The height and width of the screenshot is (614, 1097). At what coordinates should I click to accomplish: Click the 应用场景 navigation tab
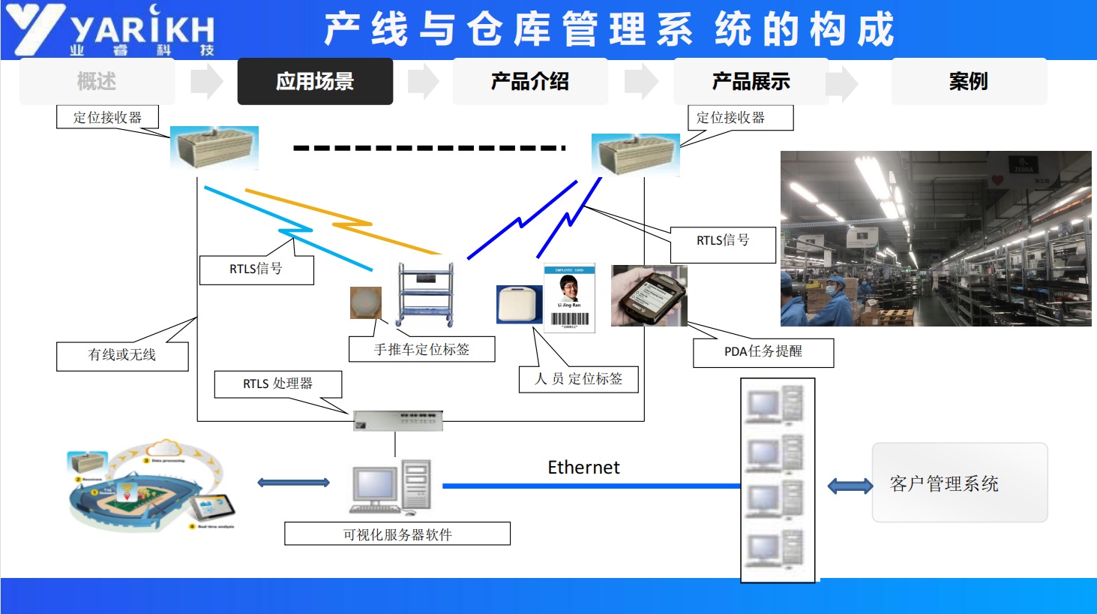click(x=315, y=81)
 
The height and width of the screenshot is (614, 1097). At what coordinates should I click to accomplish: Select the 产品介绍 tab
click(x=529, y=81)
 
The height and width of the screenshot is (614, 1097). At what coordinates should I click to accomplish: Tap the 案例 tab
click(x=968, y=81)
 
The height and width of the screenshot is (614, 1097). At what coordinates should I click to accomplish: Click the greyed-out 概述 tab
click(x=97, y=81)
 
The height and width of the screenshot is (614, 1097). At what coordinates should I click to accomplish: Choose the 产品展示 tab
click(x=751, y=81)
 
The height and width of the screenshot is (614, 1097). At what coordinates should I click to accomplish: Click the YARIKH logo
click(x=112, y=30)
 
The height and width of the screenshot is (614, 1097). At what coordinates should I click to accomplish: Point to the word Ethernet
click(x=583, y=468)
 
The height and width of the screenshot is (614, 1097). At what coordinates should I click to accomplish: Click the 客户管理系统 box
click(x=959, y=483)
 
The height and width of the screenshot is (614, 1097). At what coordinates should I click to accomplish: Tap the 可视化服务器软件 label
click(x=397, y=534)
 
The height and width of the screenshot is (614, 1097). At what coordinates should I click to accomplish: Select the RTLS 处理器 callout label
click(x=277, y=384)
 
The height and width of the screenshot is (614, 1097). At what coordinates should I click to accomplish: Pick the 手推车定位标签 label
click(x=421, y=349)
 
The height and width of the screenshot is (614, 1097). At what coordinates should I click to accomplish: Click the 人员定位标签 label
click(x=578, y=379)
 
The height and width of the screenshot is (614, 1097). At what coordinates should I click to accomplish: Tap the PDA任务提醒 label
click(x=763, y=352)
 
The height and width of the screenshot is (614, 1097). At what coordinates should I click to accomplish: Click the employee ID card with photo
click(x=570, y=297)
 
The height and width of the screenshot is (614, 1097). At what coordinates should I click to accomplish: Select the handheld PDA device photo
click(x=649, y=296)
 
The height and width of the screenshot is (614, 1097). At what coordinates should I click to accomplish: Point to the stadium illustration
click(x=150, y=486)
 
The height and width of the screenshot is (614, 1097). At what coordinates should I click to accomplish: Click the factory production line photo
click(x=935, y=238)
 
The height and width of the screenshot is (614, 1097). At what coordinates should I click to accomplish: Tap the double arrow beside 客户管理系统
click(x=850, y=486)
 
